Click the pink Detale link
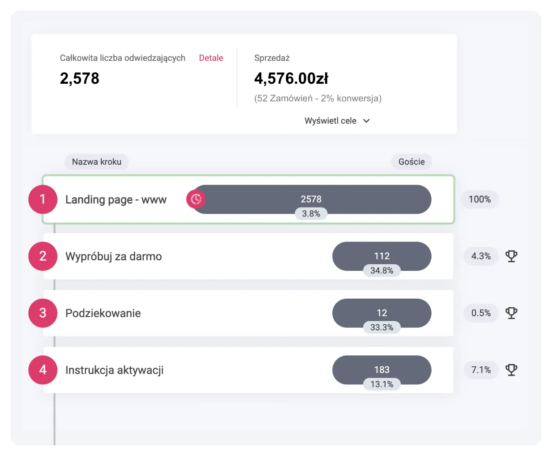click(x=211, y=58)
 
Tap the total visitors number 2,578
click(x=79, y=79)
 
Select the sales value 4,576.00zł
click(x=291, y=79)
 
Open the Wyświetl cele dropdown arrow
click(x=366, y=121)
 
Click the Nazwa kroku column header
click(x=97, y=162)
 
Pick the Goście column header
click(x=412, y=162)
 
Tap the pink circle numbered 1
click(x=43, y=199)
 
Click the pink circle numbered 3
click(x=43, y=313)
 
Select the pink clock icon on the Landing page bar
click(x=196, y=199)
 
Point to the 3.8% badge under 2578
click(x=311, y=213)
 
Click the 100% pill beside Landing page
click(x=480, y=199)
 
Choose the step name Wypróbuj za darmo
click(x=113, y=256)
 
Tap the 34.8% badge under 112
click(x=382, y=270)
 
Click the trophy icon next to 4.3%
click(x=511, y=256)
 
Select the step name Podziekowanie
click(x=103, y=313)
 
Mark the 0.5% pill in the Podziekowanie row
click(x=481, y=313)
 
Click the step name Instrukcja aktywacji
click(x=115, y=370)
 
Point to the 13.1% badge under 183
click(x=382, y=384)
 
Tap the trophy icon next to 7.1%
click(x=511, y=370)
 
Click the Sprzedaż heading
click(x=272, y=58)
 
